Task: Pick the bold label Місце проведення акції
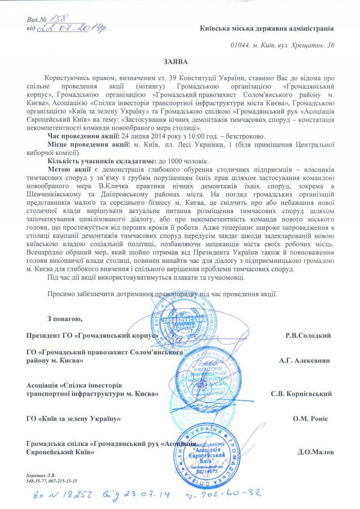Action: click(x=84, y=146)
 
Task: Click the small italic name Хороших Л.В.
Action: click(x=43, y=475)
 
